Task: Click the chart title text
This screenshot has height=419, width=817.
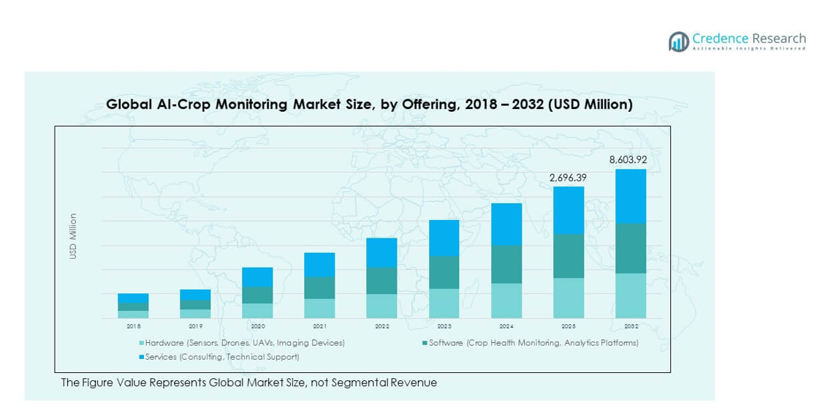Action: click(x=369, y=105)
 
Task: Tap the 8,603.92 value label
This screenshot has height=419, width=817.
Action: click(x=628, y=159)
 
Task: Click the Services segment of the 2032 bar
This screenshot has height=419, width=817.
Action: click(x=630, y=196)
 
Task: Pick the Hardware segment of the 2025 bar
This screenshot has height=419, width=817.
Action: click(x=568, y=298)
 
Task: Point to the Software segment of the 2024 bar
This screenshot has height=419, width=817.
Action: click(x=506, y=264)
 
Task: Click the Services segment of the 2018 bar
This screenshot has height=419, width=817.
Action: click(x=133, y=298)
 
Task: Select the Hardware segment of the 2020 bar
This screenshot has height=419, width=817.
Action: click(x=257, y=311)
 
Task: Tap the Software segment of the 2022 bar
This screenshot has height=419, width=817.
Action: click(x=381, y=281)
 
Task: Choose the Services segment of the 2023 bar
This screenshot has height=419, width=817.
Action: click(x=444, y=238)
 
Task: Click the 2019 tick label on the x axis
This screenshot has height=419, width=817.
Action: click(x=195, y=326)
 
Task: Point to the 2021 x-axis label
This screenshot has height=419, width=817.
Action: click(x=319, y=326)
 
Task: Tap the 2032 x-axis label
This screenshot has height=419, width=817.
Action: click(x=630, y=326)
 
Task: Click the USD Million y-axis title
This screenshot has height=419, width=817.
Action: click(x=73, y=235)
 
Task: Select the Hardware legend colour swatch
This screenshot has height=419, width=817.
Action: click(x=141, y=343)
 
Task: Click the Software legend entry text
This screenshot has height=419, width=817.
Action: click(x=533, y=343)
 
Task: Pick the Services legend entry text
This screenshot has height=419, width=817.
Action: click(x=222, y=357)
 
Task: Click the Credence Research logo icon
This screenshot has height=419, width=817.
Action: click(x=679, y=42)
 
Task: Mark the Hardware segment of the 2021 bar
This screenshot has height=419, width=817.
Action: click(x=319, y=308)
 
